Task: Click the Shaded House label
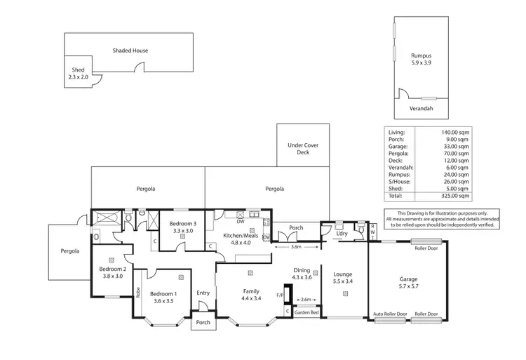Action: click(x=130, y=51)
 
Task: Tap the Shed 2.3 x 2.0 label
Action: click(x=79, y=74)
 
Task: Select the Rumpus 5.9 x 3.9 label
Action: click(x=422, y=58)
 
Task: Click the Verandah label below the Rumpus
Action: click(x=421, y=109)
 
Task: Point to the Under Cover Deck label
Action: click(x=302, y=148)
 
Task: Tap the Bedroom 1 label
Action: click(x=164, y=298)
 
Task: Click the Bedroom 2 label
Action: click(x=112, y=272)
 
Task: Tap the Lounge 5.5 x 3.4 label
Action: click(x=342, y=278)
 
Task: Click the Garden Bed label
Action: click(x=306, y=312)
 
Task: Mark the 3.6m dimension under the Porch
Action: click(x=295, y=247)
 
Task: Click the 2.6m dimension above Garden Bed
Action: click(x=306, y=300)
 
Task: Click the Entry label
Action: click(x=203, y=293)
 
